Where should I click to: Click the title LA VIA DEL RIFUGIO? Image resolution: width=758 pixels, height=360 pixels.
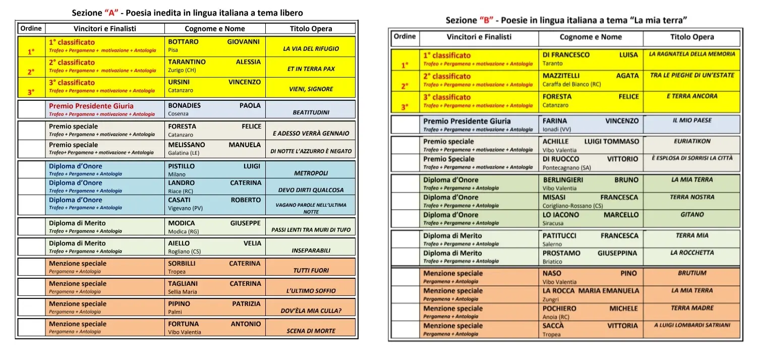[311, 49]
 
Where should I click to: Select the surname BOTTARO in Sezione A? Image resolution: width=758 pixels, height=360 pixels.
[183, 42]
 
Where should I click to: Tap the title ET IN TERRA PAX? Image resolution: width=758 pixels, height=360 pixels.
[311, 69]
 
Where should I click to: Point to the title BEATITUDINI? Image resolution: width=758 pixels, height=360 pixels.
[311, 112]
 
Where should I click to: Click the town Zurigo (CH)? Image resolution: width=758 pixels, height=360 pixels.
[182, 71]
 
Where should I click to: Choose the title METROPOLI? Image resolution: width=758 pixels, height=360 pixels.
[311, 173]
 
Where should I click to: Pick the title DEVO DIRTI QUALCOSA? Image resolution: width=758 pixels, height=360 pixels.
[311, 190]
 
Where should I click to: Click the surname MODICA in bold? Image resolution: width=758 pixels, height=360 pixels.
[181, 223]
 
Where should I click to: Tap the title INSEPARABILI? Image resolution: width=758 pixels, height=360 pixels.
[311, 250]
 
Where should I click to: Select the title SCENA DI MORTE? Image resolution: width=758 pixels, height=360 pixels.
[311, 331]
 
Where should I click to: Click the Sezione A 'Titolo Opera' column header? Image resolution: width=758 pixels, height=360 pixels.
[311, 29]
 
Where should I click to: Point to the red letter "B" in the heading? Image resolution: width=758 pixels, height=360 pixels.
[487, 21]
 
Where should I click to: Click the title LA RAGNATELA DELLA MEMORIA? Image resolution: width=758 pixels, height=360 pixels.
[692, 54]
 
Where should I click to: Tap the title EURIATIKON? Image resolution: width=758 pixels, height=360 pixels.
[692, 142]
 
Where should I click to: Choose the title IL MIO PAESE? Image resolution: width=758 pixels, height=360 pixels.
[692, 121]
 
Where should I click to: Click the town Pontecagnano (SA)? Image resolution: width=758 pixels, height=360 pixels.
[567, 168]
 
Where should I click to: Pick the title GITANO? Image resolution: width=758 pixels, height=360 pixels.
[692, 215]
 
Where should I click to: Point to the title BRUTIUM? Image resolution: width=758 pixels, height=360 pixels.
[692, 273]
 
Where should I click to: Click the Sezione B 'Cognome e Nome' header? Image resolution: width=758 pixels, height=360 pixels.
[591, 37]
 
